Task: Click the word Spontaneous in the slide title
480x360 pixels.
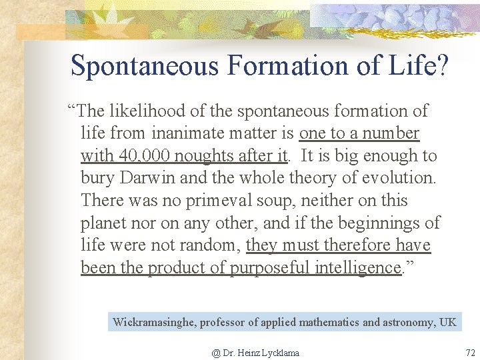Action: pos(145,65)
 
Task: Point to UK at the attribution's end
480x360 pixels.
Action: pos(448,323)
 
